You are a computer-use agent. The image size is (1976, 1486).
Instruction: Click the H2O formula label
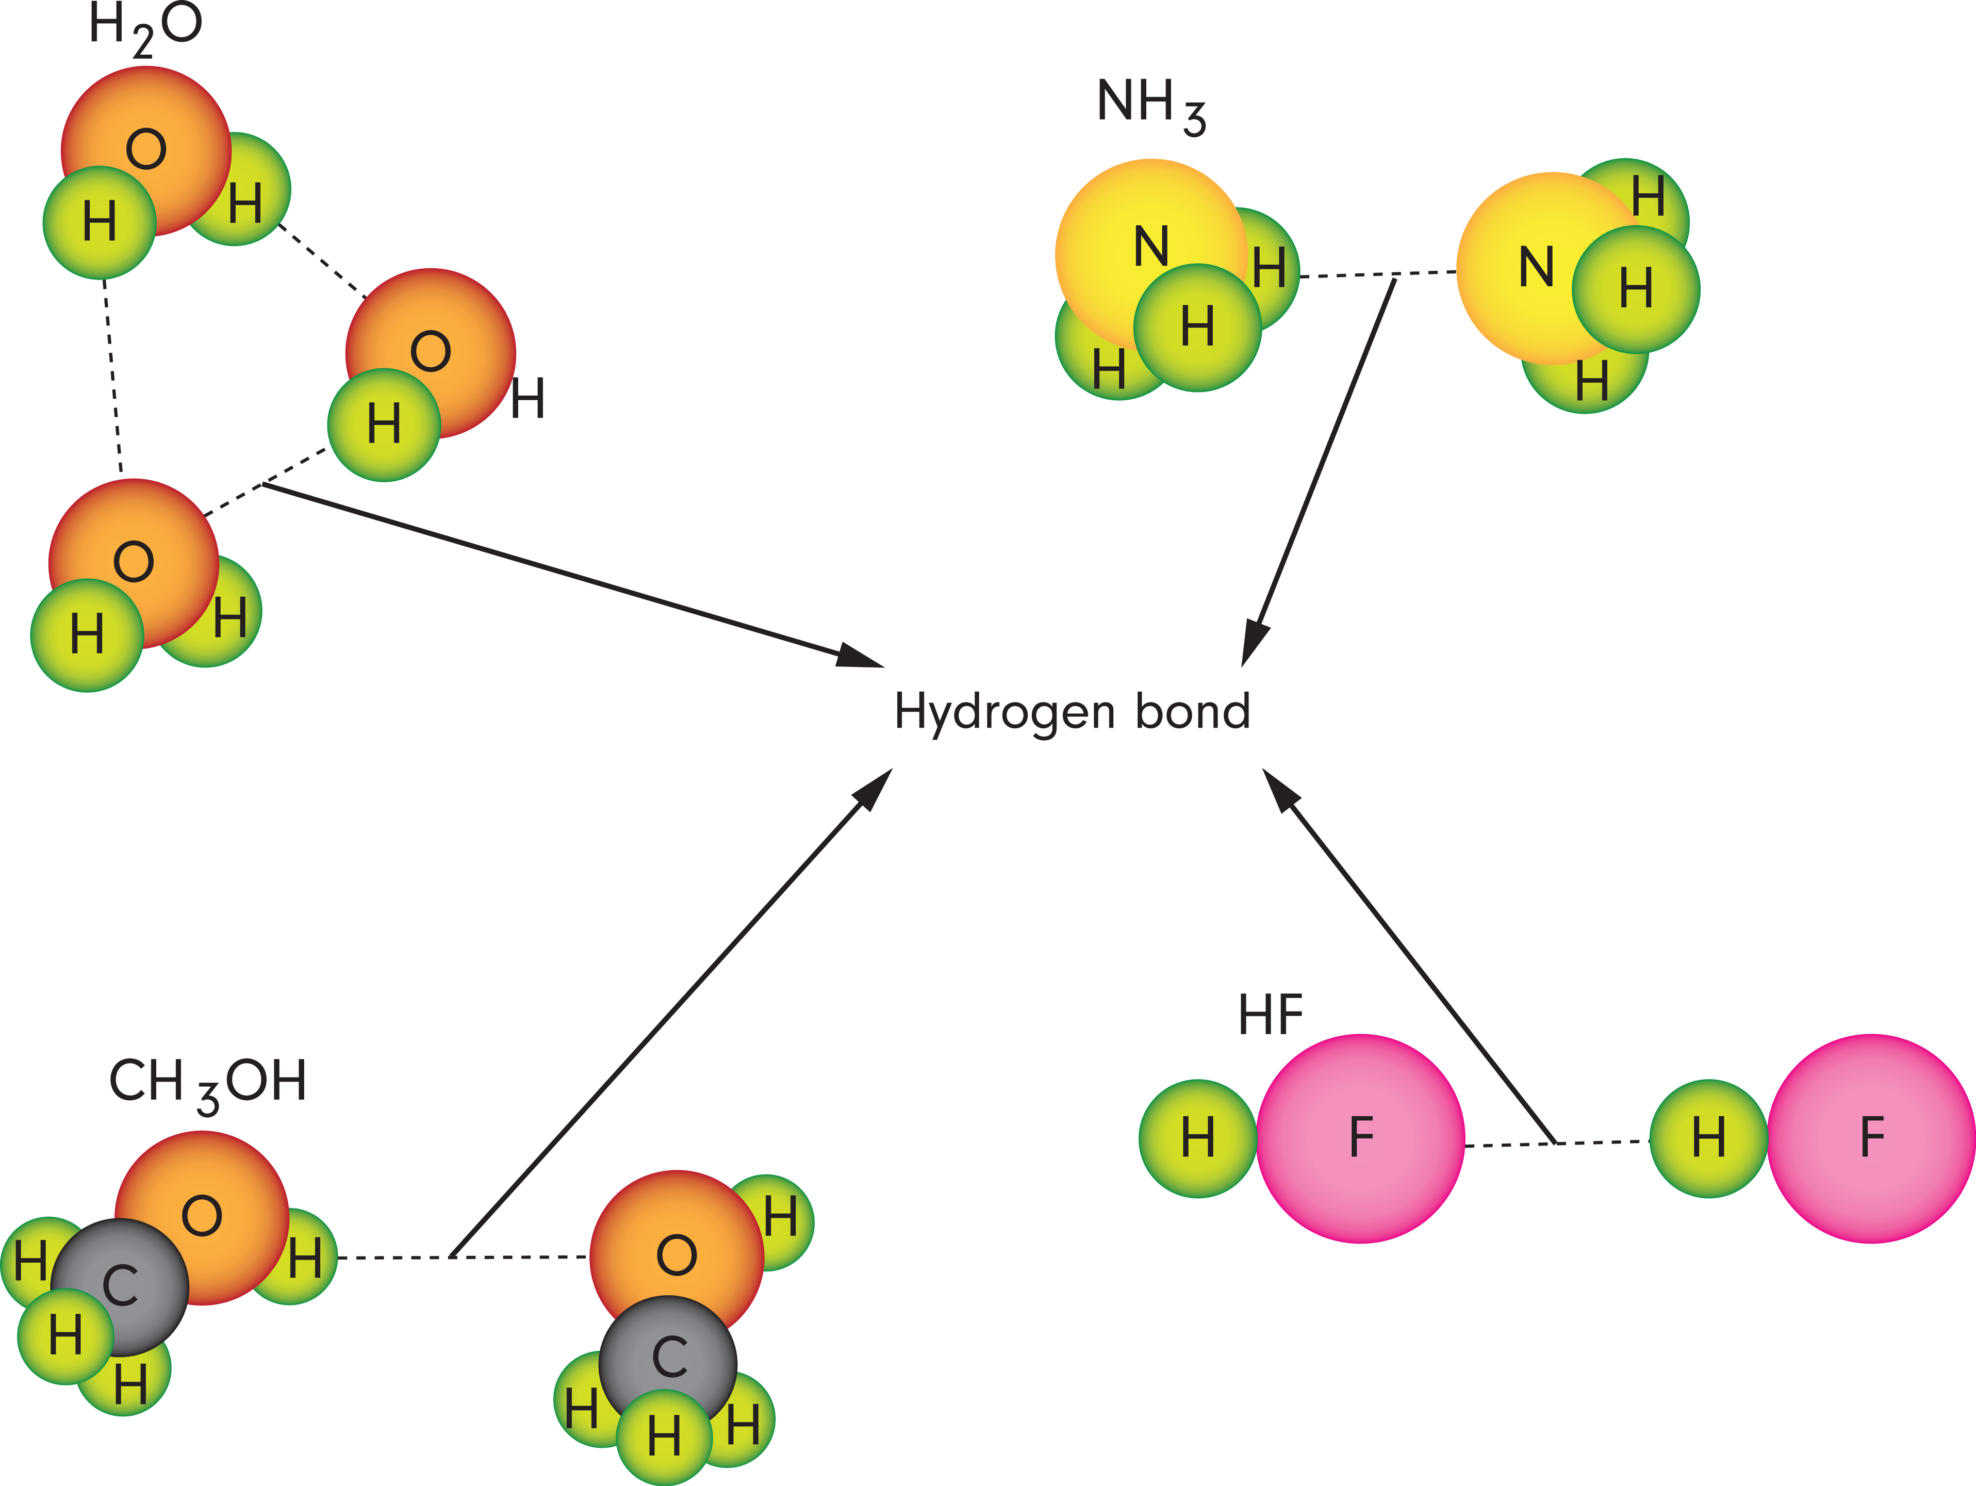point(145,27)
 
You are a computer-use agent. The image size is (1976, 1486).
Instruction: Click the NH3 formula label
point(1150,105)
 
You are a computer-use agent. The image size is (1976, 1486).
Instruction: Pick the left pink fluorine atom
point(1360,1138)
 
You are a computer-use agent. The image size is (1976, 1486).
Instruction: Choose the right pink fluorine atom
point(1871,1138)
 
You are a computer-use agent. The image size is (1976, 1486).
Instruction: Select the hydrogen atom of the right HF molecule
point(1708,1138)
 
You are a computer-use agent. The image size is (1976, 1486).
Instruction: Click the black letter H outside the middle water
point(528,399)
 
